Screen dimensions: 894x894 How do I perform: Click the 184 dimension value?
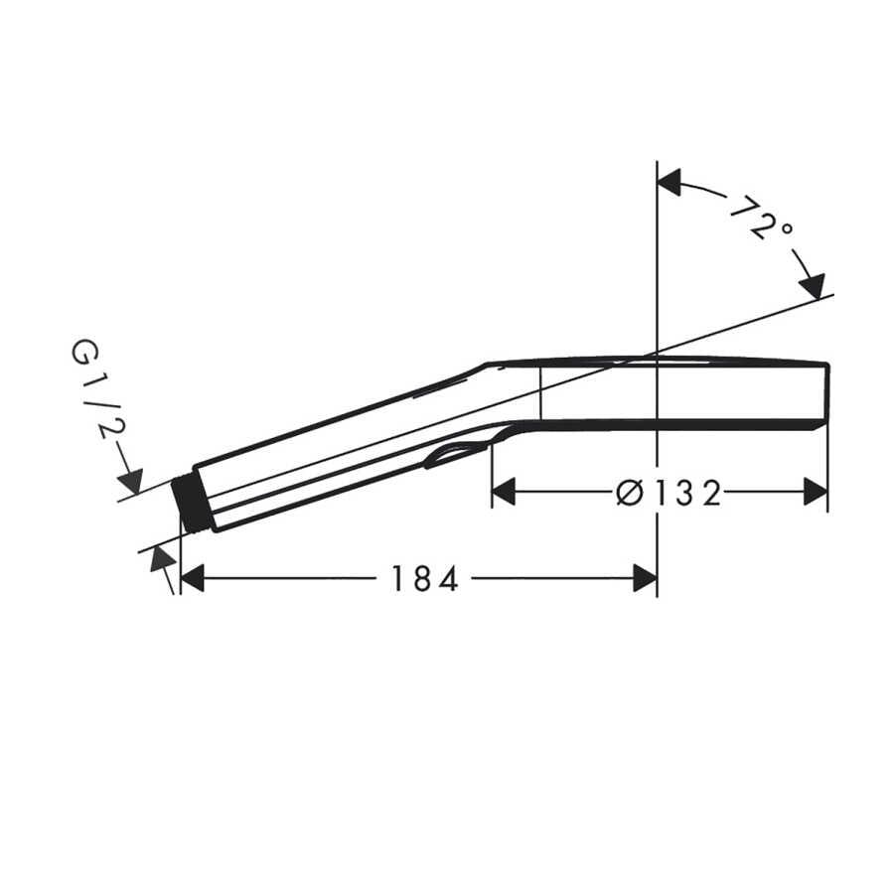click(x=425, y=579)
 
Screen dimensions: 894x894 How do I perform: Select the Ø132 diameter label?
click(x=669, y=493)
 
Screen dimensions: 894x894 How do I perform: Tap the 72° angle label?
click(x=761, y=218)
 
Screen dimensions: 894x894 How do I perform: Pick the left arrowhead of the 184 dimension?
click(x=192, y=579)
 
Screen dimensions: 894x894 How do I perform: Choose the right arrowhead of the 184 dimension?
click(x=646, y=579)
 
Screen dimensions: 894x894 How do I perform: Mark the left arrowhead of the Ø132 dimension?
click(x=504, y=492)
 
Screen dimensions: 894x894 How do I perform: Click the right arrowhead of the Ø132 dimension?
click(x=816, y=492)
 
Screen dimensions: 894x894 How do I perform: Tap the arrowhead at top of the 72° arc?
click(x=670, y=182)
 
